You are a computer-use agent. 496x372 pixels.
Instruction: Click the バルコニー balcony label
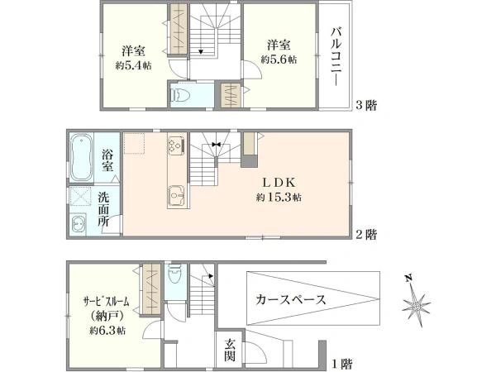336,57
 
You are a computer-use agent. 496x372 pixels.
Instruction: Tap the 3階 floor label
366,105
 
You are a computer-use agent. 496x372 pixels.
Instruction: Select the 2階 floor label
366,235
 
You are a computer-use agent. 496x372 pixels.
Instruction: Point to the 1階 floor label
341,364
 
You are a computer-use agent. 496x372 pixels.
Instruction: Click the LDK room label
279,183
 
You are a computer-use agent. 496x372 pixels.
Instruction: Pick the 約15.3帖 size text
279,198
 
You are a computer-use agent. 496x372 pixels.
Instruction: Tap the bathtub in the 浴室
81,157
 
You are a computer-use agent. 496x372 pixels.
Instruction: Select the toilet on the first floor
175,274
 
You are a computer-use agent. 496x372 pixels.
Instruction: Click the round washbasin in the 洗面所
79,225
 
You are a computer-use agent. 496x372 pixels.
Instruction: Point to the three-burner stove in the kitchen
177,145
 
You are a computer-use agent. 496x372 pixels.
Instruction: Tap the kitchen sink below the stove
177,196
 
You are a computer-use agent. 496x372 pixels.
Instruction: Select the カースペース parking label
291,299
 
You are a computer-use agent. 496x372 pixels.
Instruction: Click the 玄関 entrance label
230,350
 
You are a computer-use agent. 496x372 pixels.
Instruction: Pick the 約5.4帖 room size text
133,65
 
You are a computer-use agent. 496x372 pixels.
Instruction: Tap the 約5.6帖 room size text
279,60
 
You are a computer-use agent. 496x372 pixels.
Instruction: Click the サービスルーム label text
107,302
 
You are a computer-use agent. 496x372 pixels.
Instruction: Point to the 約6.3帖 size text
107,331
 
